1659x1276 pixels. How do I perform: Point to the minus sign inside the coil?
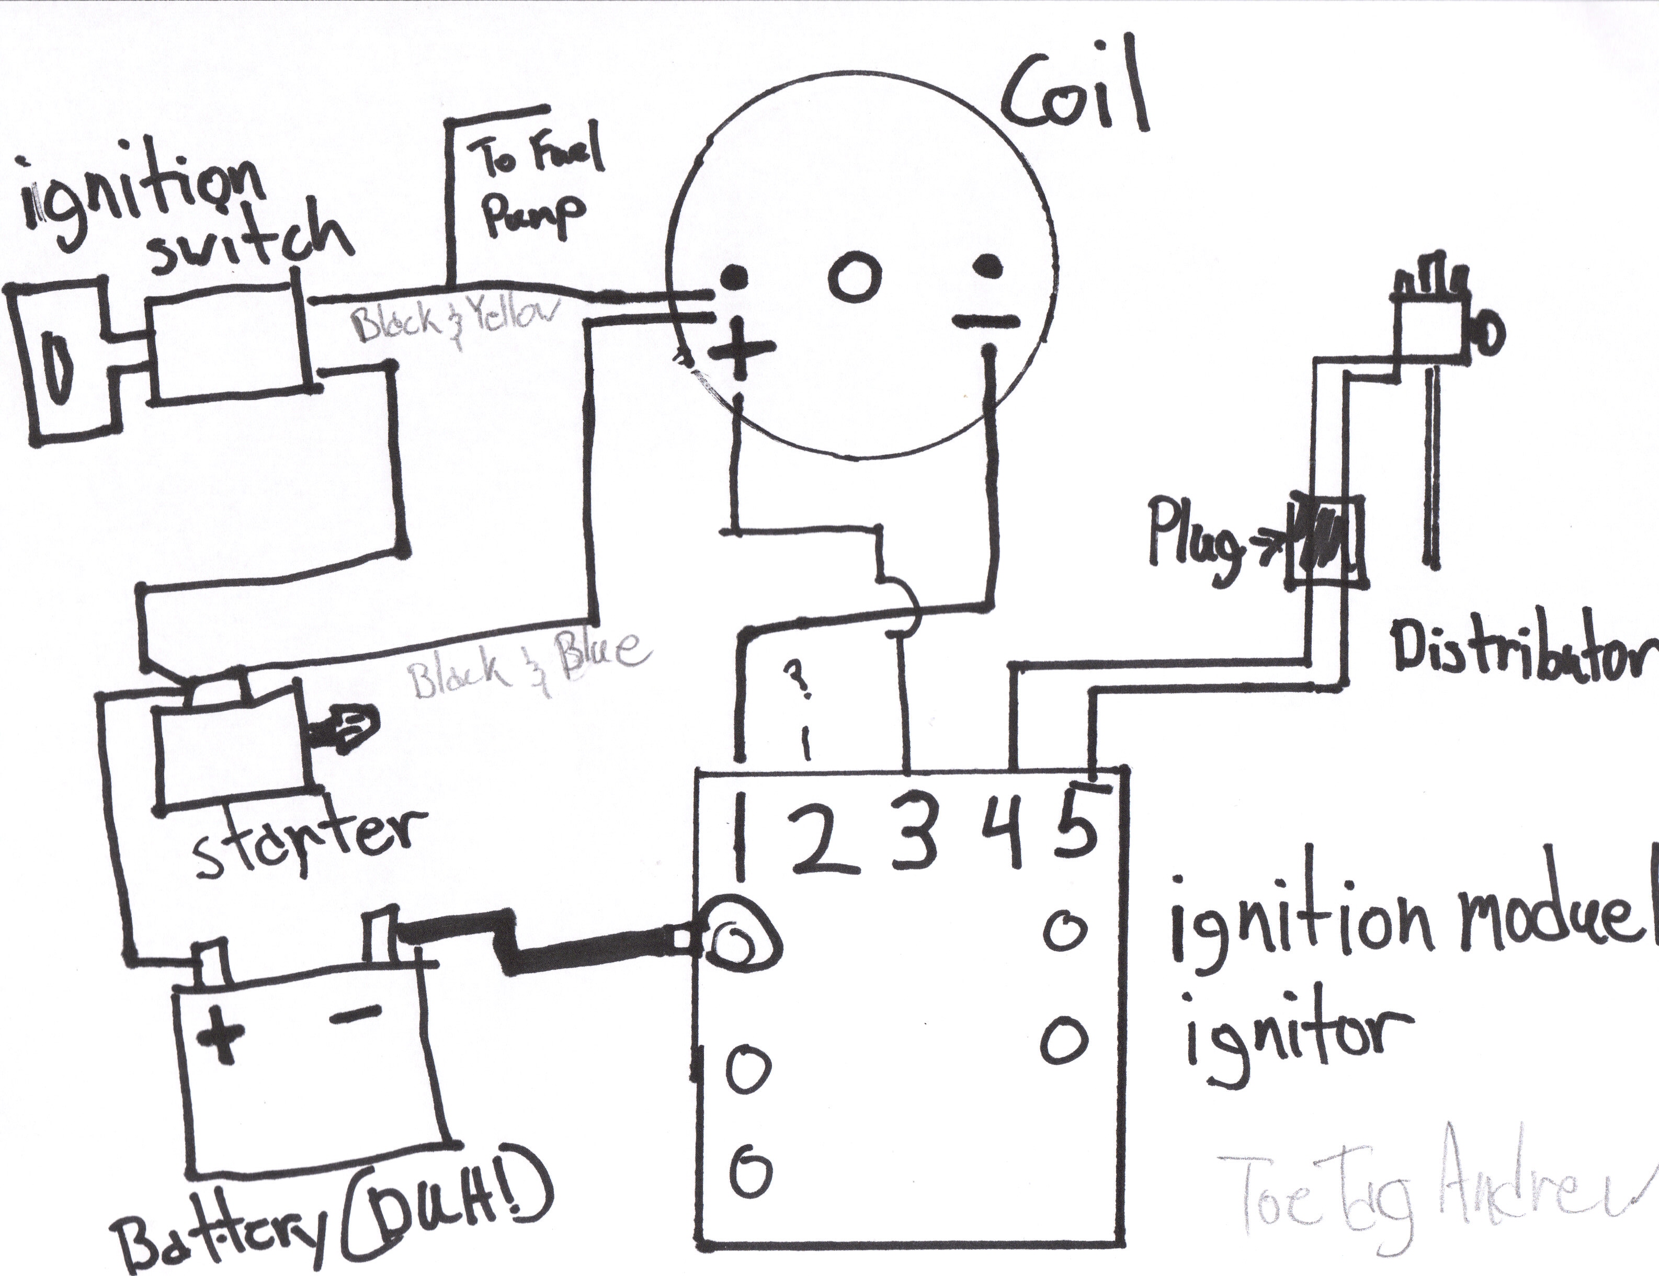(985, 321)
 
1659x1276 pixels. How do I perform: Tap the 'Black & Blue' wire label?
(528, 668)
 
